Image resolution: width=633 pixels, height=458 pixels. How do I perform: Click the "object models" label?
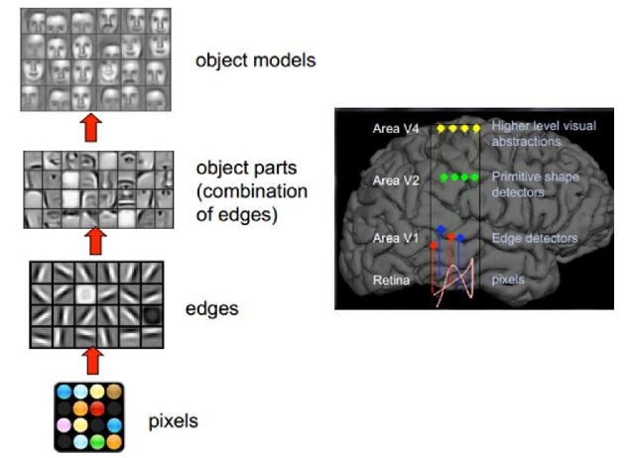(256, 60)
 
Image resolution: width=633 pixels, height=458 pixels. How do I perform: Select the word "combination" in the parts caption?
(255, 191)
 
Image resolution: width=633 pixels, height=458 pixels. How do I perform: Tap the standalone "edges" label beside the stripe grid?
(212, 309)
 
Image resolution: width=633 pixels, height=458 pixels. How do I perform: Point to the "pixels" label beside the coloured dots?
(174, 421)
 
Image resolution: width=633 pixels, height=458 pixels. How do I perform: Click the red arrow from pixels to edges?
(93, 361)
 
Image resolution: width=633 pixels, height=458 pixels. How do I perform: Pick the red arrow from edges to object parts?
(95, 241)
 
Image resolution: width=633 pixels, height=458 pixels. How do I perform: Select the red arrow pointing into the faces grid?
(91, 128)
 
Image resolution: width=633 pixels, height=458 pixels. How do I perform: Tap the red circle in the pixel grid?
(97, 408)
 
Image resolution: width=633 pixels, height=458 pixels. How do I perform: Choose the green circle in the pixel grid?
(97, 442)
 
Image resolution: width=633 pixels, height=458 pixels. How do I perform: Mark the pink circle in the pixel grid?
(63, 425)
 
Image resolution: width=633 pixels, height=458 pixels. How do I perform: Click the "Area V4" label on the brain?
(396, 128)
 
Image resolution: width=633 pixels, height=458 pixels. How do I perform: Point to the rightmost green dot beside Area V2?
(474, 176)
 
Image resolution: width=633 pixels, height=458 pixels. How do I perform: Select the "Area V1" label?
(396, 238)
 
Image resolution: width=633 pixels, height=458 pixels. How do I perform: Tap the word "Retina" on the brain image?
(391, 280)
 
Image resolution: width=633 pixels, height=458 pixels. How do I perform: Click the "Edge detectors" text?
(535, 238)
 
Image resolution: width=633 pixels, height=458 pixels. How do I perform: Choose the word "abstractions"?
(526, 141)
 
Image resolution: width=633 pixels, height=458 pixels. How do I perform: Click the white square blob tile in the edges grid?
(85, 294)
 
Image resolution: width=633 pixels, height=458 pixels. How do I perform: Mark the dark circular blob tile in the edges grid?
(152, 315)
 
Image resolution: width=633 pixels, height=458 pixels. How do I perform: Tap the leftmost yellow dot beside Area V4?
(441, 129)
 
